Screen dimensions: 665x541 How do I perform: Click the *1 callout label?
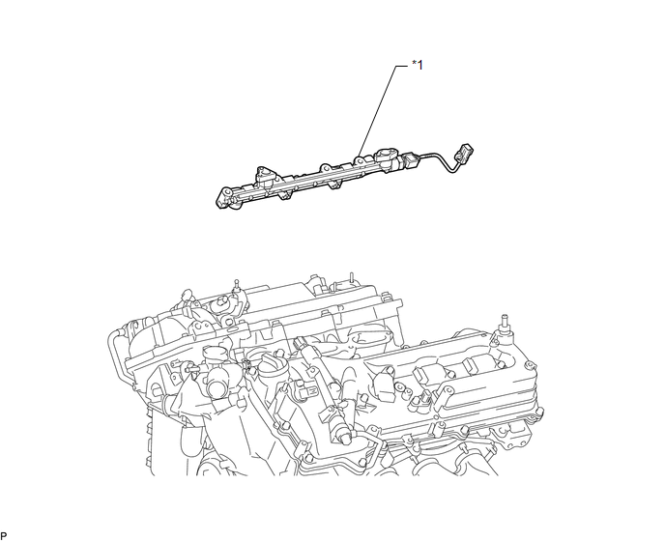click(418, 65)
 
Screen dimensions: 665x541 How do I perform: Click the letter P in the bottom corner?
click(4, 536)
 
